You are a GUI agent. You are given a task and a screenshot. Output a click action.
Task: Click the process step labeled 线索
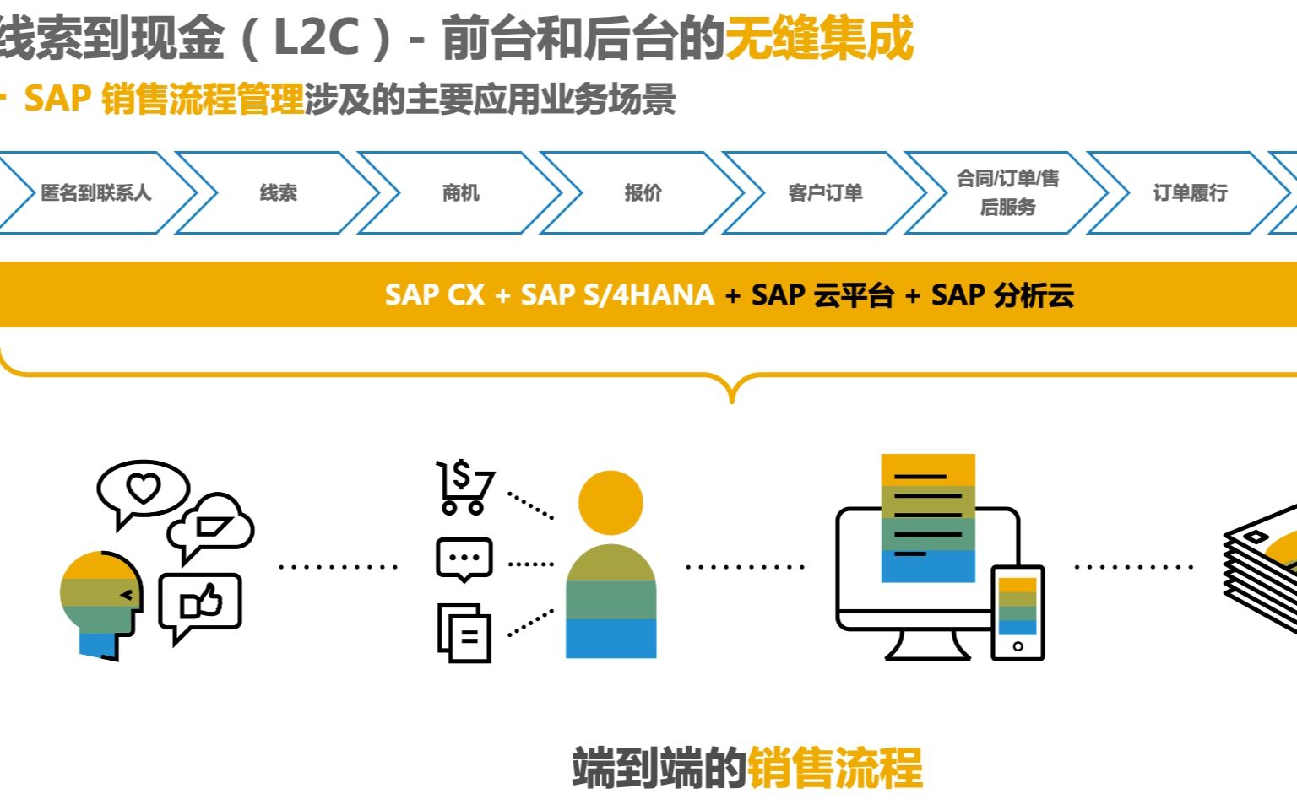point(278,193)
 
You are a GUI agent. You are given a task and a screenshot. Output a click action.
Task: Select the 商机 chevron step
point(460,193)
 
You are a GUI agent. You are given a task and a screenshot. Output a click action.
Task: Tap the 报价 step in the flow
point(643,193)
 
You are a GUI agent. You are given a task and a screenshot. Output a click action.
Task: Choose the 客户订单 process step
point(825,193)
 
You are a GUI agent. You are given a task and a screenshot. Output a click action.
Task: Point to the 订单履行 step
point(1189,193)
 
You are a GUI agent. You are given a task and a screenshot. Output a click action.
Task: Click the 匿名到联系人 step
point(95,193)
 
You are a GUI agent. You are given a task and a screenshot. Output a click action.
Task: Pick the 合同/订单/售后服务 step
point(1007,193)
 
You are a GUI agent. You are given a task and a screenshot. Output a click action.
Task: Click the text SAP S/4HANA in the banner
point(617,295)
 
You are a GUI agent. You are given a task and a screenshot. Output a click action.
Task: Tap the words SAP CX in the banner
point(434,295)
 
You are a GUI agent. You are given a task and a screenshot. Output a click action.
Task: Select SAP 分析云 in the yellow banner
point(1002,295)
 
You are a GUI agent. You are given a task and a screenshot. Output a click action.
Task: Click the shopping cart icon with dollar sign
point(464,487)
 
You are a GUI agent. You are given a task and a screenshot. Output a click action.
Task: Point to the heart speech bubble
point(142,489)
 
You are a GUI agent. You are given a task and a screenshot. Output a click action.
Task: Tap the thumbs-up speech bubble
point(201,603)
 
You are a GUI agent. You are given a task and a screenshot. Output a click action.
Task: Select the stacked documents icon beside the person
point(464,633)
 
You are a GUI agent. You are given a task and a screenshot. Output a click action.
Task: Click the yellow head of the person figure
point(611,503)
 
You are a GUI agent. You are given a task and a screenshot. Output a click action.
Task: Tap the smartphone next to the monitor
point(1018,613)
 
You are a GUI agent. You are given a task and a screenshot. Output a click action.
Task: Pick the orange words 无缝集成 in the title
point(819,38)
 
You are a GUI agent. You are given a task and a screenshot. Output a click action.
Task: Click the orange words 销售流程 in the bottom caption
point(834,767)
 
